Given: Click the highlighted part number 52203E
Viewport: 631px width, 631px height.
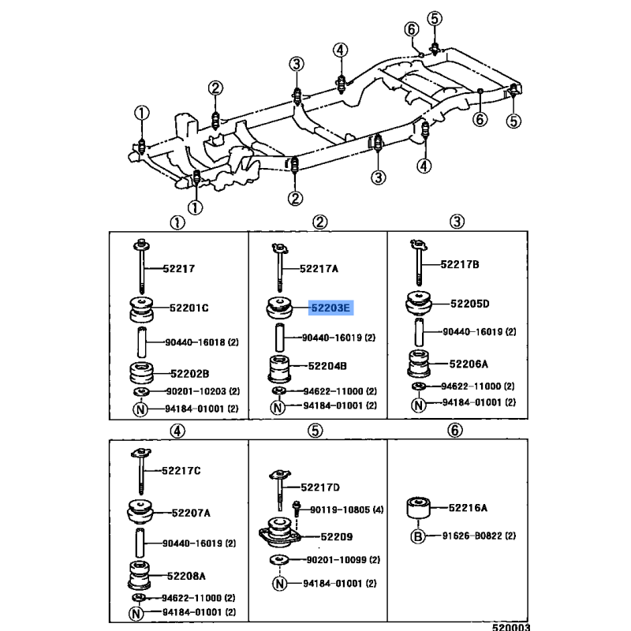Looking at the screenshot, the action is click(330, 308).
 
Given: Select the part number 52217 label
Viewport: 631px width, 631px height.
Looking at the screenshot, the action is click(179, 268).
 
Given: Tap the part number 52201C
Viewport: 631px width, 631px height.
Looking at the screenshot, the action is click(189, 308).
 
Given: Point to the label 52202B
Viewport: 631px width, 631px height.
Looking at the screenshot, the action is click(189, 374).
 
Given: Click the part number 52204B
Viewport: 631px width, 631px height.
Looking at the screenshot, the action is click(327, 366).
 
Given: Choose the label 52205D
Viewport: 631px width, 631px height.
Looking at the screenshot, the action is click(469, 304).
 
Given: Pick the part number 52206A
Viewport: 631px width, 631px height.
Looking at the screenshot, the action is click(469, 364).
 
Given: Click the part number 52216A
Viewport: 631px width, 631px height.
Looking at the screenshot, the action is click(468, 508).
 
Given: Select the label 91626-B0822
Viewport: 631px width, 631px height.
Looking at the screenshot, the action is click(472, 536).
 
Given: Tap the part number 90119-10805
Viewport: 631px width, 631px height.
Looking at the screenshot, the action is click(340, 510).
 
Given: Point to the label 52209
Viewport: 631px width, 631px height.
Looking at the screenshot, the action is click(337, 537).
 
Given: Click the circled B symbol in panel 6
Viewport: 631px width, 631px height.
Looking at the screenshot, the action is click(418, 536).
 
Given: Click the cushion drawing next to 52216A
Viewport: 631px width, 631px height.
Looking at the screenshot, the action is click(418, 508).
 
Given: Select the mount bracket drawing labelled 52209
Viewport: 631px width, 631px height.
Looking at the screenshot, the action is click(280, 533).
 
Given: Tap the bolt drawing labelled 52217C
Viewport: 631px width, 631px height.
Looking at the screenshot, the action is click(141, 471).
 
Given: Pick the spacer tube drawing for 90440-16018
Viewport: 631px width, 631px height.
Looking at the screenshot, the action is click(142, 342).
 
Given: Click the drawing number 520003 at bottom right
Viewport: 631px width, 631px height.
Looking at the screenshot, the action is click(511, 626).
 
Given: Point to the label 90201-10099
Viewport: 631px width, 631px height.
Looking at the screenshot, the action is click(337, 560).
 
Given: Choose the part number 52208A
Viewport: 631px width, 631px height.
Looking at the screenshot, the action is click(186, 577).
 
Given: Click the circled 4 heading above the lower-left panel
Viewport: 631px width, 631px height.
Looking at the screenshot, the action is click(177, 431).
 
